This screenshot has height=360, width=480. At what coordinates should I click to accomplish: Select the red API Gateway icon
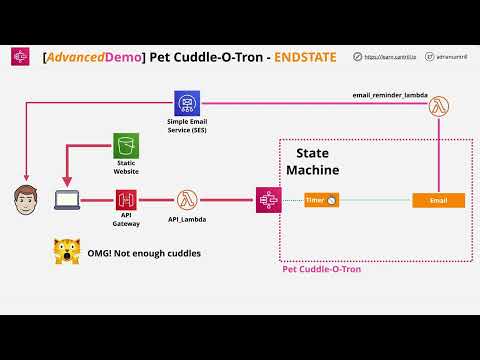126,200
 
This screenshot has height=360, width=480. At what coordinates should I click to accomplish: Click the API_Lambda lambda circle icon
186,200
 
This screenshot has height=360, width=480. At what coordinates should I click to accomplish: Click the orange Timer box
321,201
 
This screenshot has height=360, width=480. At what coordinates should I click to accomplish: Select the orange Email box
438,201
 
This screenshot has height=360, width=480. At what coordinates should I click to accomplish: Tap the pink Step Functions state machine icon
267,200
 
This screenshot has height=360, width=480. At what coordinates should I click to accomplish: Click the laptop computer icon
66,200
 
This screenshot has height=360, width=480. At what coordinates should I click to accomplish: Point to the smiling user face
21,199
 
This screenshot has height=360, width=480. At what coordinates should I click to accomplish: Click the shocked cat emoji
67,252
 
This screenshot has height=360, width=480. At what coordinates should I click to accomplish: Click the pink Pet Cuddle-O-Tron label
322,270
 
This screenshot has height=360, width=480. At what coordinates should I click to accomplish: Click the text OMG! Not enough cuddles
146,253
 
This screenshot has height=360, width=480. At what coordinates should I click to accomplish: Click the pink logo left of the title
20,59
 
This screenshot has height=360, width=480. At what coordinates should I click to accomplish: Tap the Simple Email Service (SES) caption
186,126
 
